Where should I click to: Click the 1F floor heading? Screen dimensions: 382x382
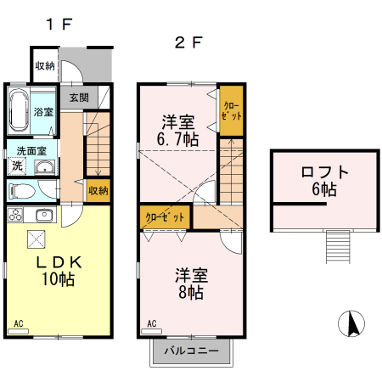tap(59, 25)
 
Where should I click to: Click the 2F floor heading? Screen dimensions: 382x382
tap(188, 42)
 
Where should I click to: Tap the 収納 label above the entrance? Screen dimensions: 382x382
tap(45, 65)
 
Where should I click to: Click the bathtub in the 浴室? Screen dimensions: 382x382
tap(19, 110)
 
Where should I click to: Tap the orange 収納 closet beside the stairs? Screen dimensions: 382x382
tap(98, 190)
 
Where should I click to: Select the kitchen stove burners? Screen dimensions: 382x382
tap(15, 213)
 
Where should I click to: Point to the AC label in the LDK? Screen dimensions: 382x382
tap(20, 323)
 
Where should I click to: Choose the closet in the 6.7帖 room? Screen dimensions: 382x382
tap(231, 110)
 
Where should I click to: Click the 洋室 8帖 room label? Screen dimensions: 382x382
tap(190, 284)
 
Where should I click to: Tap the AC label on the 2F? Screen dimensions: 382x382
tap(151, 323)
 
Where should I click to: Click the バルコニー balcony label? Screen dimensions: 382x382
tap(191, 351)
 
